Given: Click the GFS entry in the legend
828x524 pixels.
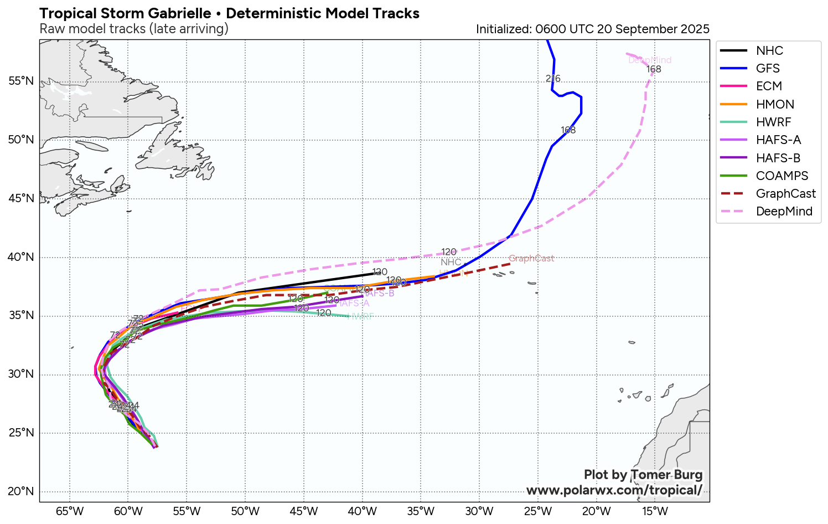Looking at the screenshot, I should coord(768,68).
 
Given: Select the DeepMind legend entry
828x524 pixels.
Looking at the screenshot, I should coord(784,212).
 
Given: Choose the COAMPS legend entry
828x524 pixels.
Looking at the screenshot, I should coord(782,176).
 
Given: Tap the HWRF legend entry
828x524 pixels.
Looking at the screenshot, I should coord(773,122).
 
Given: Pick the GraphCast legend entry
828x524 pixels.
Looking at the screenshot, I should coord(785,193).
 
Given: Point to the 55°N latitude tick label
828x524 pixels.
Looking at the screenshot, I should coord(21,81).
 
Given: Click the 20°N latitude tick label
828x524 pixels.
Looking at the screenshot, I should coord(21,491).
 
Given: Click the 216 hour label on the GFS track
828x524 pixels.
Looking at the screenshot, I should coord(553,79).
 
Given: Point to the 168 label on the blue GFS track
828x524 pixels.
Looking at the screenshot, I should coord(568,130).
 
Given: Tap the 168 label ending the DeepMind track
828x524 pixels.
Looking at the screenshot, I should coord(654,69).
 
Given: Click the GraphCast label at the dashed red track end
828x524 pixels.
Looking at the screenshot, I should coord(531,259).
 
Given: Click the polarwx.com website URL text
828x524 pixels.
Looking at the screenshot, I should coord(614,490).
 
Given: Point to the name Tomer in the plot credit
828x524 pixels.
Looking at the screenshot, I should coord(649,475).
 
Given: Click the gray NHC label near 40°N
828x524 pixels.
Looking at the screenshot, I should coord(451,262).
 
